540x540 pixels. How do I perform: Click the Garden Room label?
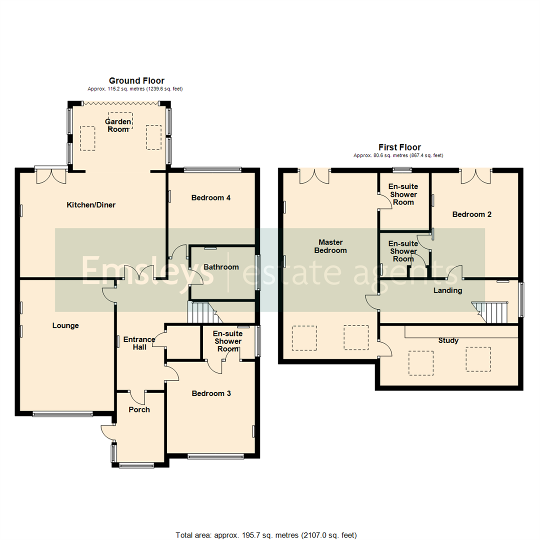(118, 125)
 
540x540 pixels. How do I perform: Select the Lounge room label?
(65, 325)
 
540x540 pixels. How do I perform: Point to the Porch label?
(139, 409)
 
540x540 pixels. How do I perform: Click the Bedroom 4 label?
(211, 197)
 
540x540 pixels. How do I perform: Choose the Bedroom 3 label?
(211, 393)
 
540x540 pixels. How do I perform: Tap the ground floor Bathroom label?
(221, 267)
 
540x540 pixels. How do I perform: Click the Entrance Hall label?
(139, 343)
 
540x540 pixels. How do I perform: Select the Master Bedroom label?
(330, 246)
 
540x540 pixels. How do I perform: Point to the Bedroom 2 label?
(472, 214)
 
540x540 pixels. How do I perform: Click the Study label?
(448, 340)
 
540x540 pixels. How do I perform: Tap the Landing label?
(447, 290)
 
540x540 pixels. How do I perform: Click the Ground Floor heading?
(136, 80)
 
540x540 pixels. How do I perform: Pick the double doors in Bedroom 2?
(475, 175)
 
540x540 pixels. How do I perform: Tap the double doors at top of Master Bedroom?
(314, 175)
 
